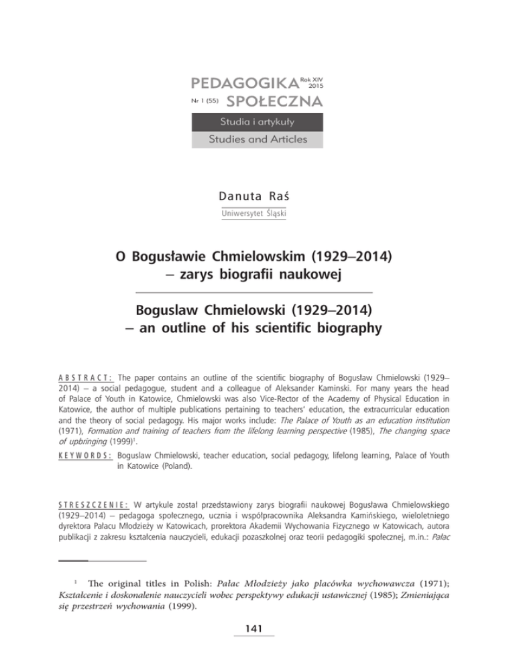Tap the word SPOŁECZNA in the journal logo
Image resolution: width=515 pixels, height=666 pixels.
pyautogui.click(x=275, y=102)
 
